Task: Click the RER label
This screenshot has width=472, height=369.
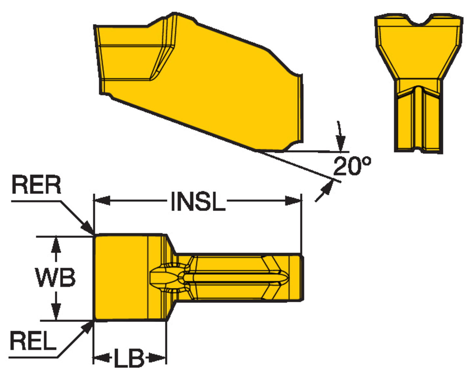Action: pyautogui.click(x=36, y=185)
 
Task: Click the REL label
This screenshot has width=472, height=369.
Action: pyautogui.click(x=33, y=341)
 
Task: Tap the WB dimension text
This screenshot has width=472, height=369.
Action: pyautogui.click(x=56, y=277)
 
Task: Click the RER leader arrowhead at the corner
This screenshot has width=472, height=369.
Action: pyautogui.click(x=88, y=228)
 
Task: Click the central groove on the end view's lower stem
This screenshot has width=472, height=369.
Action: pyautogui.click(x=419, y=120)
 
